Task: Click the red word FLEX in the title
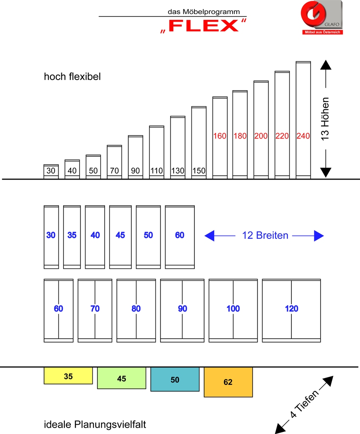point(204,26)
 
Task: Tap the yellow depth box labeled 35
point(68,376)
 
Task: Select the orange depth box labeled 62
point(228,382)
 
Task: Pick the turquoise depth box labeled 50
point(175,379)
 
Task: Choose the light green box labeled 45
point(122,378)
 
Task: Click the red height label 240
point(303,136)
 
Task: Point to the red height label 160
point(220,136)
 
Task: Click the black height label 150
point(199,171)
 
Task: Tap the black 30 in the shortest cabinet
point(51,171)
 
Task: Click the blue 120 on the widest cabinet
point(291,309)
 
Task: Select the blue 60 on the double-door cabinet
point(58,309)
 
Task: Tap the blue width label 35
point(72,235)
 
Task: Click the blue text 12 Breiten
point(265,235)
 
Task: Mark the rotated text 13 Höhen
point(325,119)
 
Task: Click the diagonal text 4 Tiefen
point(305,404)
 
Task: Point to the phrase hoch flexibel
point(72,77)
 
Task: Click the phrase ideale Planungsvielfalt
point(95,424)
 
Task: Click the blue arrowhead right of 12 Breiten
point(319,236)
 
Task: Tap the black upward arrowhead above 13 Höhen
point(326,65)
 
